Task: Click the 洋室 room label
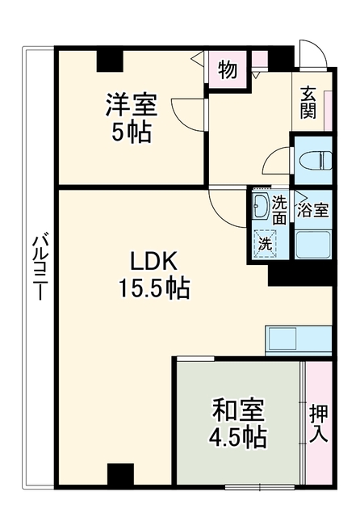click(x=132, y=104)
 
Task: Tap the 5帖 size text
click(x=132, y=132)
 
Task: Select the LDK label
click(x=154, y=261)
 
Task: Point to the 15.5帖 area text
click(x=154, y=288)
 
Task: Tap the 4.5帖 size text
click(x=238, y=437)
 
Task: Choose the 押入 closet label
click(x=319, y=423)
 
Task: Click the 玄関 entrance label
click(x=308, y=103)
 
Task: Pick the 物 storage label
click(x=228, y=69)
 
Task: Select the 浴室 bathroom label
click(x=312, y=210)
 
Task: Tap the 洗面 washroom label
click(x=279, y=210)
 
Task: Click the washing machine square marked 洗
click(x=265, y=244)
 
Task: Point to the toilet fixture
click(x=316, y=161)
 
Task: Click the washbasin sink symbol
click(x=261, y=207)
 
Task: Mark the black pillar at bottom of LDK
click(x=120, y=473)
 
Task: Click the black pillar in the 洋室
click(x=110, y=61)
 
